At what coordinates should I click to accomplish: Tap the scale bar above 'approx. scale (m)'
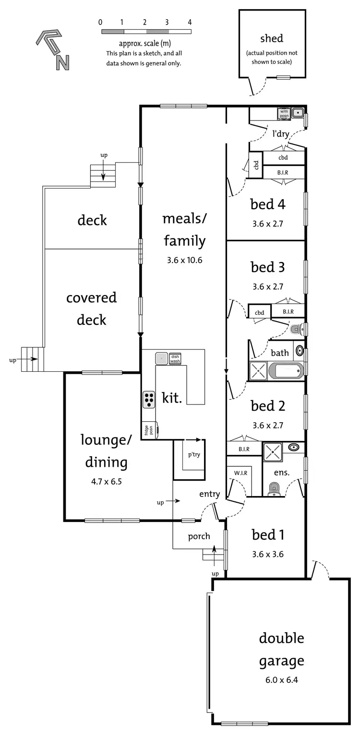(146, 32)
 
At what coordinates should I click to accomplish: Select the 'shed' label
(272, 38)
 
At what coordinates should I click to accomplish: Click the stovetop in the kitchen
(149, 399)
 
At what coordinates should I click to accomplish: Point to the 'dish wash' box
(175, 358)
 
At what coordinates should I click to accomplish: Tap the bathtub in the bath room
(286, 370)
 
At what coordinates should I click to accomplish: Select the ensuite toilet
(274, 489)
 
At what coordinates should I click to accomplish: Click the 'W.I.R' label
(240, 473)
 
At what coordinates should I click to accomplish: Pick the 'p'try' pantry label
(194, 454)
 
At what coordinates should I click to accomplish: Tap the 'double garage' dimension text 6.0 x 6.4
(282, 680)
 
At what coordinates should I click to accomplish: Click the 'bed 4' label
(267, 204)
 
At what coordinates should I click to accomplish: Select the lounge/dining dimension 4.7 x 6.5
(106, 481)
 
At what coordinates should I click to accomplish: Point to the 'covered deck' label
(91, 308)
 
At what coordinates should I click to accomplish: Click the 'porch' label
(199, 536)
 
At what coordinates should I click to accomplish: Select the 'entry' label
(210, 494)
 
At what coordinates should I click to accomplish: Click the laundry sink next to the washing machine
(298, 114)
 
